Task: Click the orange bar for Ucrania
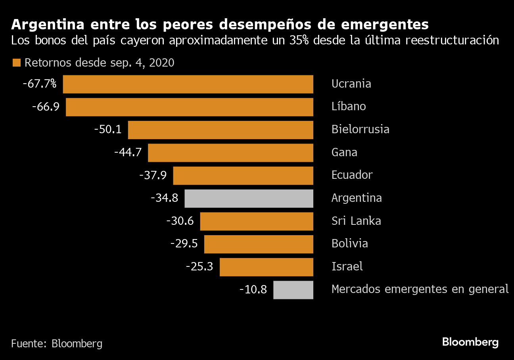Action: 188,84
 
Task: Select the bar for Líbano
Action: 190,107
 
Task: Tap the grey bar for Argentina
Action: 249,198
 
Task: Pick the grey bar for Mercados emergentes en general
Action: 293,290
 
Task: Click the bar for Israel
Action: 266,267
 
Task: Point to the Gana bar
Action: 230,153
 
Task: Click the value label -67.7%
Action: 40,84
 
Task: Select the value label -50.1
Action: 108,130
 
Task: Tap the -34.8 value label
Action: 165,198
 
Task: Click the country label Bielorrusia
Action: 360,130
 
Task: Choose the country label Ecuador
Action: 352,175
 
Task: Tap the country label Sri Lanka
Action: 356,221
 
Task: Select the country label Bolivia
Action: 349,244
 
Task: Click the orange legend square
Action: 17,63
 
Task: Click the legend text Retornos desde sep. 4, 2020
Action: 99,63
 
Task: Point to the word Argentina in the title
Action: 48,25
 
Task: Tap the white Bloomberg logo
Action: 470,342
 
